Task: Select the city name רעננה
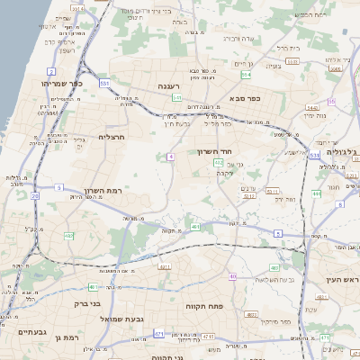[172, 86]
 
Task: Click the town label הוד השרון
[216, 152]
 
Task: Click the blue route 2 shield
[51, 71]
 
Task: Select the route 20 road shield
[34, 194]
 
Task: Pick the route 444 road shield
[316, 193]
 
